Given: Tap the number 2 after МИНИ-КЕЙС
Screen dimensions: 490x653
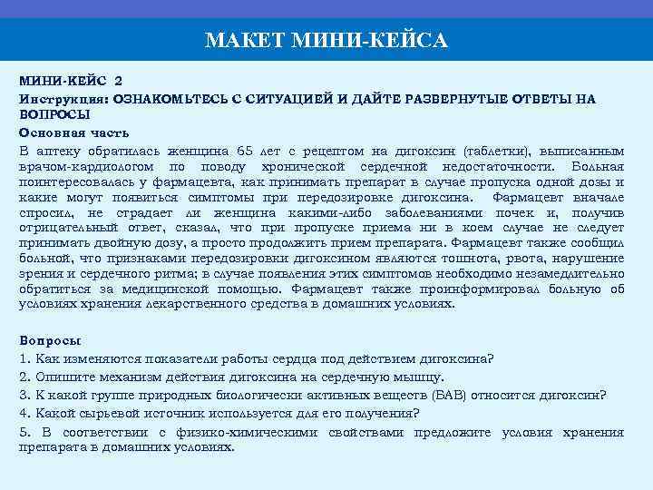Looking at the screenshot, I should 119,82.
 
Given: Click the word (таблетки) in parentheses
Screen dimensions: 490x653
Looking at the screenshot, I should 497,150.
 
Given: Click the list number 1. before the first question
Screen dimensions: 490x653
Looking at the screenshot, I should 24,358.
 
